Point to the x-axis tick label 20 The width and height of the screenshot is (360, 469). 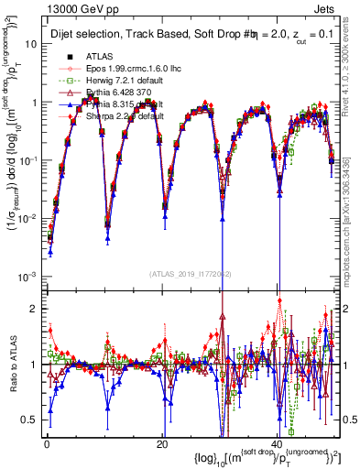[161, 443]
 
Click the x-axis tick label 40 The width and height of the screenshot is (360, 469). [276, 443]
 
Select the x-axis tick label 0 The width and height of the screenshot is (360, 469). [47, 443]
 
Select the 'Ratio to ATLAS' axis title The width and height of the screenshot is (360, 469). [12, 364]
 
